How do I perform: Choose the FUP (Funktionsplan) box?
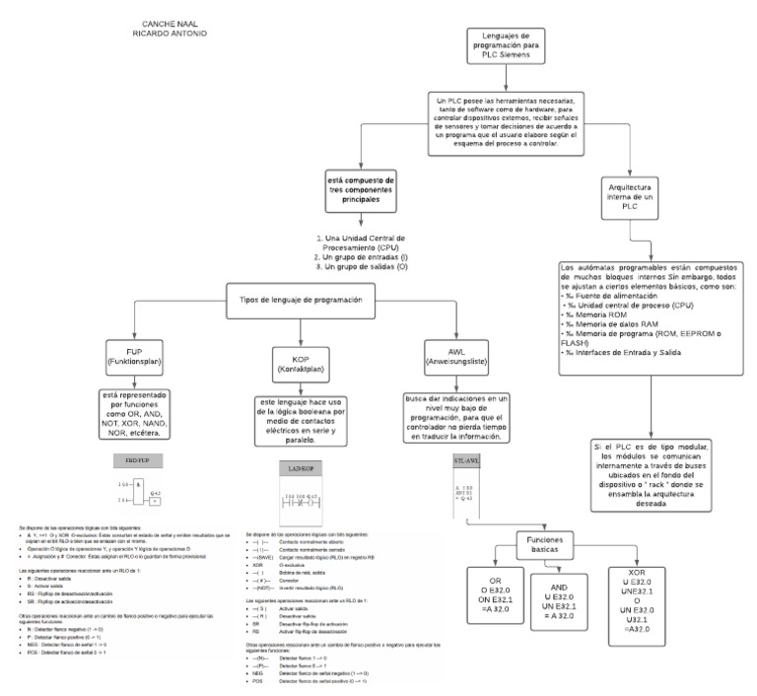coord(139,358)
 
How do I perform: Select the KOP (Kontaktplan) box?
coord(298,363)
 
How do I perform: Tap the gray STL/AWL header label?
coord(466,460)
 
